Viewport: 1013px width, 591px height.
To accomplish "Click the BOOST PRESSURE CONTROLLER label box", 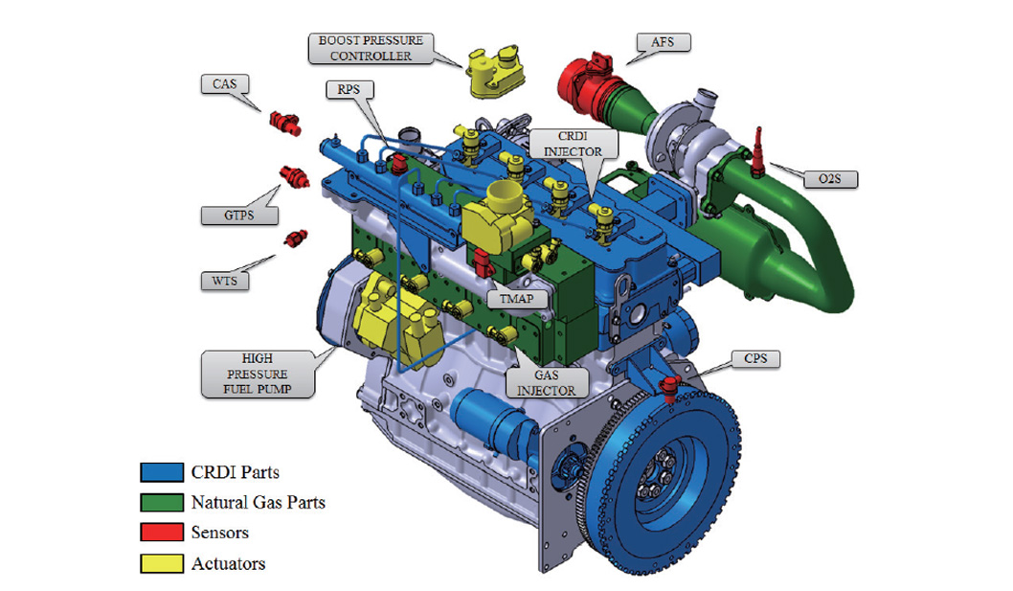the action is click(371, 49).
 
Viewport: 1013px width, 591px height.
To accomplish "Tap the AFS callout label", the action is click(663, 43).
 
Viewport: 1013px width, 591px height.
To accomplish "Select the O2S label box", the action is click(830, 179).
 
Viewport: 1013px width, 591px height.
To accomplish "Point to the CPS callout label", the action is click(755, 359).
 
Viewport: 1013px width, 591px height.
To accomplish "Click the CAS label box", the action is click(224, 84).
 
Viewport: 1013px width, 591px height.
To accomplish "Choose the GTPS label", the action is click(239, 216).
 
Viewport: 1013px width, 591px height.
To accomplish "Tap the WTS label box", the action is click(225, 282).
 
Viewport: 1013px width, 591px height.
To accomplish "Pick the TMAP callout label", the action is click(516, 299).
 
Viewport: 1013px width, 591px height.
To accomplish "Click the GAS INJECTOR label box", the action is click(547, 383).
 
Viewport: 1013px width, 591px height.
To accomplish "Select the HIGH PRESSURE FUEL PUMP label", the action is click(258, 374).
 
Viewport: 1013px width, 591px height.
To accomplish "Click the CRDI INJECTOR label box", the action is click(573, 144).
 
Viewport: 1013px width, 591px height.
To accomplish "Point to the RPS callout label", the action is click(349, 89).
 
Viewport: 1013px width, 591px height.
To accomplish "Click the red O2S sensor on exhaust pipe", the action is click(757, 153).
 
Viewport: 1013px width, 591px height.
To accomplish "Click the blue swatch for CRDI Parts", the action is click(162, 472).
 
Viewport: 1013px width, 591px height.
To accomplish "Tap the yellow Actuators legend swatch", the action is click(162, 563).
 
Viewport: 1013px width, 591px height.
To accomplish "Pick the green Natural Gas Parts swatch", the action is click(162, 503).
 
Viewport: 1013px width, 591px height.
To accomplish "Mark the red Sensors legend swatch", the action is click(162, 532).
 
